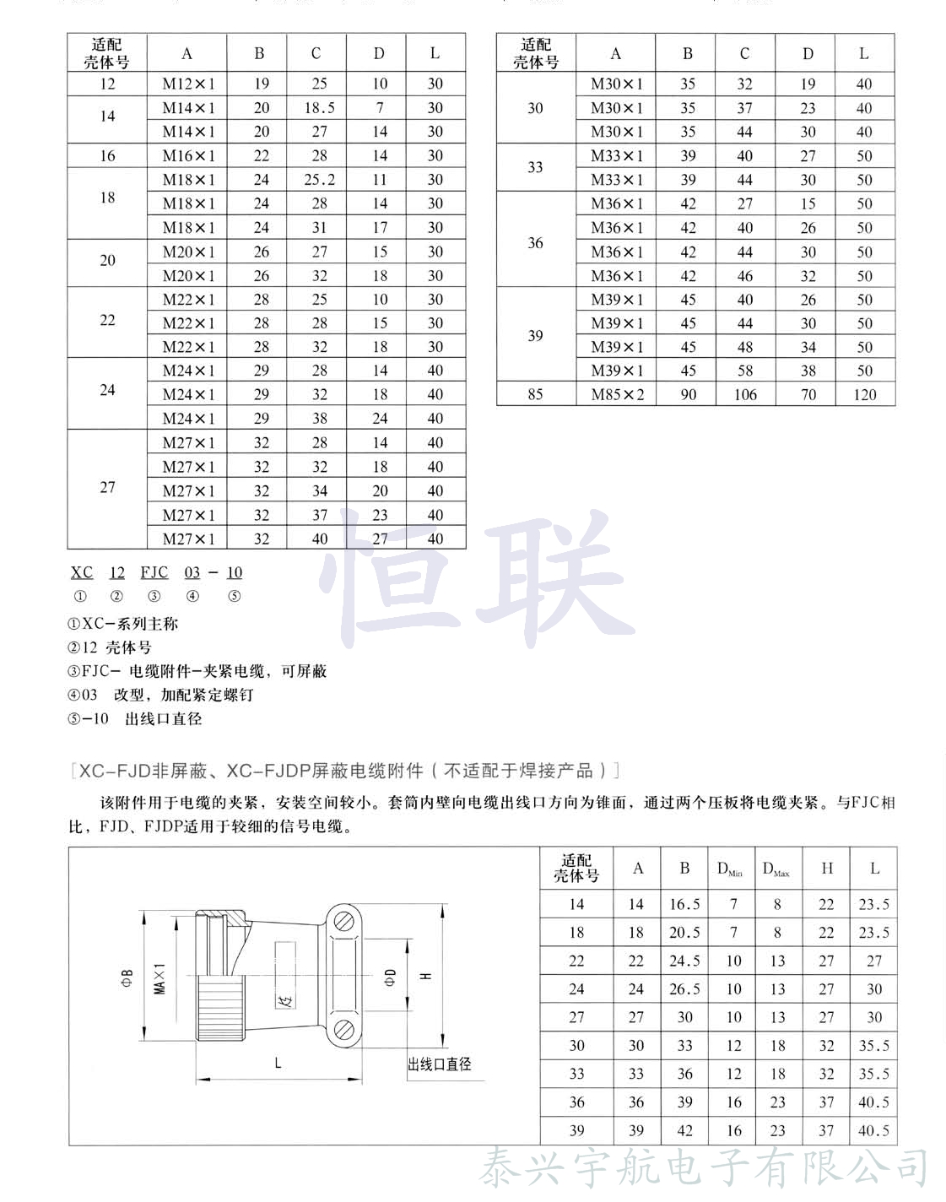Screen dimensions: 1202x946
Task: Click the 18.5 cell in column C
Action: click(x=319, y=108)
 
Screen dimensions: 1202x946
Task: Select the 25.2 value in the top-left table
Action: click(x=319, y=180)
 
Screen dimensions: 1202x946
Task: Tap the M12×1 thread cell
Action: click(x=188, y=84)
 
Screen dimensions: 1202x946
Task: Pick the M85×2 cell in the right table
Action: click(x=617, y=394)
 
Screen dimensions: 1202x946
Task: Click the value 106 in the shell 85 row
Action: click(x=744, y=394)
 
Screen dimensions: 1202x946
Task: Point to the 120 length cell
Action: click(x=864, y=394)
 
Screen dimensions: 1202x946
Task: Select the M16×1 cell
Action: click(x=188, y=156)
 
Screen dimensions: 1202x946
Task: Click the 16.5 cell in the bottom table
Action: click(x=684, y=904)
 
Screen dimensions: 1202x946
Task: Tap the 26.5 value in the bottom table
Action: click(x=684, y=989)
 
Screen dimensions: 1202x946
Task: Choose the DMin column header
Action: click(x=730, y=869)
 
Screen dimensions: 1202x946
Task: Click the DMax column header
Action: click(x=776, y=869)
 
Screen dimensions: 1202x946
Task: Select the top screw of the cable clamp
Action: click(x=343, y=923)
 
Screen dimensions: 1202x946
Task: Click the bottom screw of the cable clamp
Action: click(x=343, y=1031)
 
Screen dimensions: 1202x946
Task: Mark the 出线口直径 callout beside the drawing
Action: click(x=440, y=1064)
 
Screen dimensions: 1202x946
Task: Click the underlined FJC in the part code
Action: click(x=154, y=572)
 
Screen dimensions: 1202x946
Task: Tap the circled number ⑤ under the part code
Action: click(x=235, y=596)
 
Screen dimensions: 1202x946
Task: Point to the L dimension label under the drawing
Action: click(x=278, y=1064)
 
